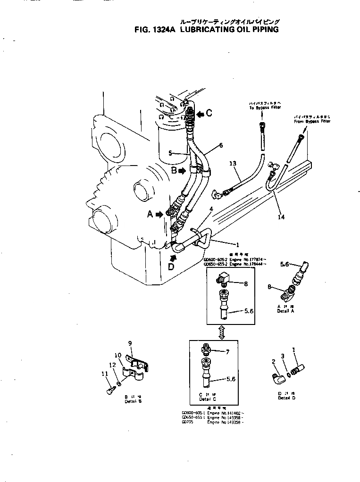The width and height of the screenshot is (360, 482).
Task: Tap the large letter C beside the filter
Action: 209,113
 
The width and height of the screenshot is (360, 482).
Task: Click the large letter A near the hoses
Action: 150,214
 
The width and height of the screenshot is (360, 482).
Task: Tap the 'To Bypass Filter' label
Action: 265,108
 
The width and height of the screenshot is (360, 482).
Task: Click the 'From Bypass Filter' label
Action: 312,121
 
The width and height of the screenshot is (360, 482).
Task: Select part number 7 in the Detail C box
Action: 227,352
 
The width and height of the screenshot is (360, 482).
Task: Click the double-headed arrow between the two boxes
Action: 221,331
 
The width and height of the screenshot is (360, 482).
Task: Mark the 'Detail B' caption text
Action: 133,401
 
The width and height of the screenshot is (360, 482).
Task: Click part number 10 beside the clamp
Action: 118,355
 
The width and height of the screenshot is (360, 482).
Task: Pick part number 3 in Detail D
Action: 282,357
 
